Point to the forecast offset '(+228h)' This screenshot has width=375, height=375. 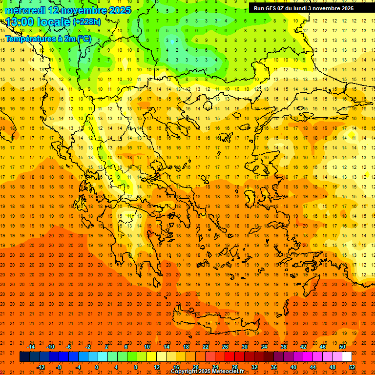[x=87, y=22]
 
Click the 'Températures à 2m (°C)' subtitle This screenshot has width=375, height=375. [x=48, y=38]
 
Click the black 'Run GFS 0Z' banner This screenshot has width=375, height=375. [x=308, y=8]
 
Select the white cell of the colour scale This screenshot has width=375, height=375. [x=347, y=357]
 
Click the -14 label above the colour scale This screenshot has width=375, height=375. [x=31, y=347]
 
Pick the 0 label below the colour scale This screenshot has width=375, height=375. [x=96, y=367]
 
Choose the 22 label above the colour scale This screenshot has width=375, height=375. [x=206, y=347]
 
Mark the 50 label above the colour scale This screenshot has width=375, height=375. [x=342, y=347]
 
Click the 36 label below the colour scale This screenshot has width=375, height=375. [x=274, y=367]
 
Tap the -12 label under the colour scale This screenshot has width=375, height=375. [x=41, y=367]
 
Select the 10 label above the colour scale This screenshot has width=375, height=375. [x=147, y=347]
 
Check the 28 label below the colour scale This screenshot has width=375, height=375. [x=235, y=367]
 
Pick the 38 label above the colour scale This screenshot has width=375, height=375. [x=284, y=347]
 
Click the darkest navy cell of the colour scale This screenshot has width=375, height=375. [x=24, y=357]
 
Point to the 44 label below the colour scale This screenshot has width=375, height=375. [x=313, y=367]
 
